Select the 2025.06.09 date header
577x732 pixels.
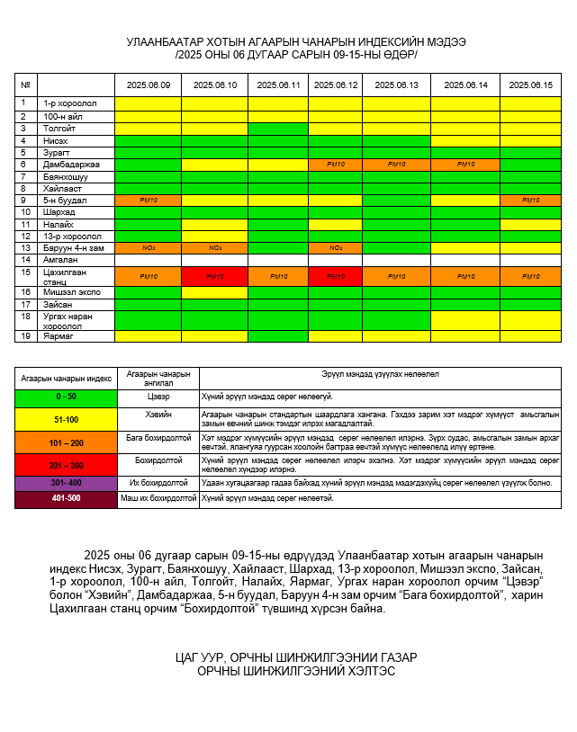pyautogui.click(x=148, y=85)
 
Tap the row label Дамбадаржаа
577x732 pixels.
pyautogui.click(x=71, y=165)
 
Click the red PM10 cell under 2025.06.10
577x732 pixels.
pyautogui.click(x=214, y=276)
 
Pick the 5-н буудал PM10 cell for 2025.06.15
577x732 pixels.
pyautogui.click(x=530, y=200)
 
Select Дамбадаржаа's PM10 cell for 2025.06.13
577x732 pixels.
pyautogui.click(x=396, y=165)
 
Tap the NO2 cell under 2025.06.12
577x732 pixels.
pyautogui.click(x=335, y=247)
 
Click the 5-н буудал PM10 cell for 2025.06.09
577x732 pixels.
pyautogui.click(x=148, y=200)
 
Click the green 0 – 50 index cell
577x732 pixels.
pyautogui.click(x=66, y=396)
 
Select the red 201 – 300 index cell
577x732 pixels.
pyautogui.click(x=66, y=465)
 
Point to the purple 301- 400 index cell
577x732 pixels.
pyautogui.click(x=66, y=483)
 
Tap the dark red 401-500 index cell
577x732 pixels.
pyautogui.click(x=66, y=498)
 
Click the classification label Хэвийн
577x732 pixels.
pyautogui.click(x=158, y=415)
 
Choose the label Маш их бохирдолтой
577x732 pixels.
pyautogui.click(x=158, y=498)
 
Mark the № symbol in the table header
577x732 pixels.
pyautogui.click(x=25, y=85)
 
